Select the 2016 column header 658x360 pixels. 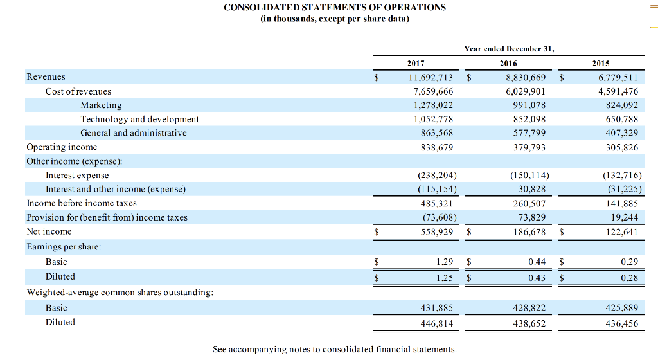[x=508, y=64]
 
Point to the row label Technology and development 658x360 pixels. [x=139, y=119]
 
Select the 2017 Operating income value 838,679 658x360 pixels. [x=436, y=147]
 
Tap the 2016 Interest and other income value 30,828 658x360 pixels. [x=531, y=189]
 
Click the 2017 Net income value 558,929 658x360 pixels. [x=436, y=231]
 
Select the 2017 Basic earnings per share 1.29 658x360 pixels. [x=444, y=262]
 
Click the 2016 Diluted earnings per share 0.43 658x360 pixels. [x=536, y=277]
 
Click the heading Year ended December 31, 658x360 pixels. [x=508, y=49]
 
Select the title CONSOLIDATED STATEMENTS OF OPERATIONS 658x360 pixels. [x=334, y=7]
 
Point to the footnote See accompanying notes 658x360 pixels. [x=334, y=349]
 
